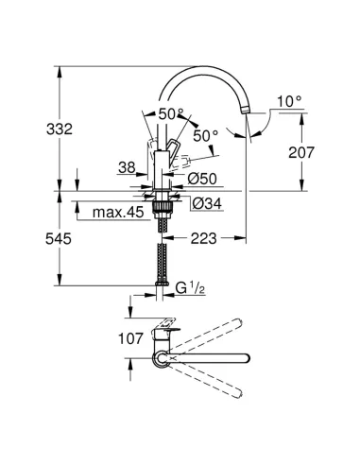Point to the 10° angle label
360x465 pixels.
coord(291,100)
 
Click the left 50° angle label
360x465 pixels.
coord(170,113)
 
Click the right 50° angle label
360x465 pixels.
coord(207,135)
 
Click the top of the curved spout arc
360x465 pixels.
coord(202,70)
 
